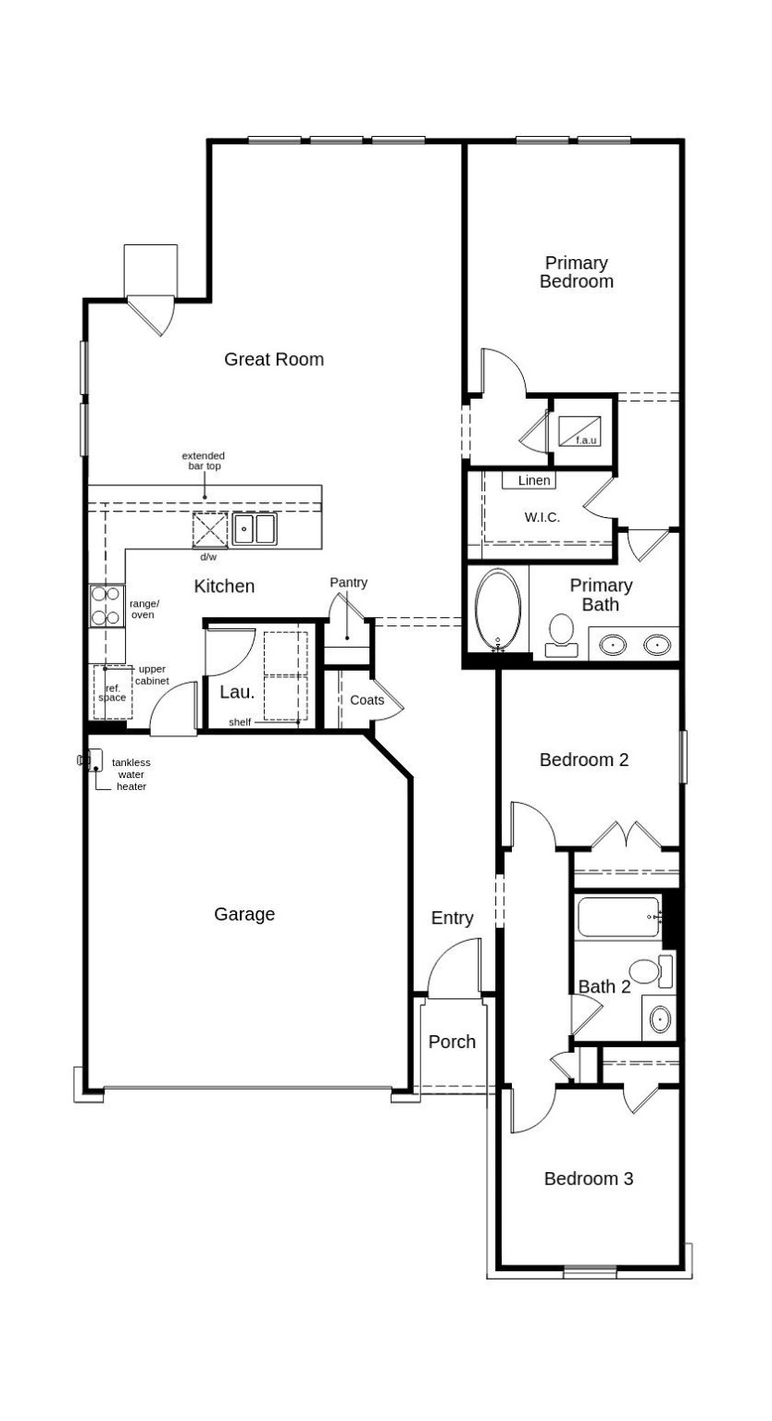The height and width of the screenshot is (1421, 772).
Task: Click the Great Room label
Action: tap(274, 359)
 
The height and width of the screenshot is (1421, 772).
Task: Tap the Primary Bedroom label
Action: tap(576, 272)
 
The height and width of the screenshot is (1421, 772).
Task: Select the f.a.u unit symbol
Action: tap(579, 430)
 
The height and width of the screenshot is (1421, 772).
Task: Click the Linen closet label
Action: tap(534, 480)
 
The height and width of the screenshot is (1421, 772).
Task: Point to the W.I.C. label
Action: tap(542, 517)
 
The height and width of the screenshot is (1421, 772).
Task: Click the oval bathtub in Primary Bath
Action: tap(498, 610)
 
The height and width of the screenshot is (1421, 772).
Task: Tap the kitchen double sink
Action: tap(254, 529)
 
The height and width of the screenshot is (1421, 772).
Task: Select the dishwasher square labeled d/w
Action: tap(209, 530)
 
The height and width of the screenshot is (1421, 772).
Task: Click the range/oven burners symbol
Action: tap(106, 606)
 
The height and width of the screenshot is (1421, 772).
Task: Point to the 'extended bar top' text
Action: tap(203, 461)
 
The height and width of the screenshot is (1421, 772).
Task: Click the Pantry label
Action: tap(348, 583)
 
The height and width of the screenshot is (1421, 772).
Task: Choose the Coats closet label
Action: tap(367, 700)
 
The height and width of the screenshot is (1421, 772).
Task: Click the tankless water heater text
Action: tap(131, 774)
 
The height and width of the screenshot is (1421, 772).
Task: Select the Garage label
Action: tap(244, 914)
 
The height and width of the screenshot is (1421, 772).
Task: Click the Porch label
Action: tap(452, 1042)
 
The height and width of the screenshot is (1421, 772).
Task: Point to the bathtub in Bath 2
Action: tap(617, 917)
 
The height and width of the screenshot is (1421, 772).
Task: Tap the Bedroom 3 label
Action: tap(588, 1179)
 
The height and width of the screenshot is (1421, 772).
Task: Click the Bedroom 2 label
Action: tap(584, 760)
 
